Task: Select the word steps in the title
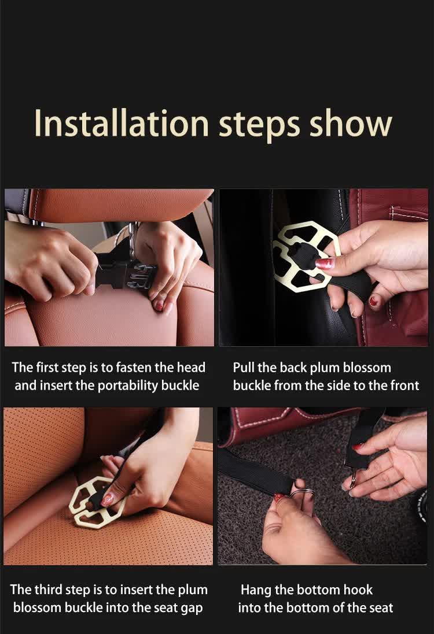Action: click(x=259, y=126)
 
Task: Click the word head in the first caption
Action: click(x=191, y=367)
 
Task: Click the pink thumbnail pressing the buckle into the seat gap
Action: click(x=106, y=499)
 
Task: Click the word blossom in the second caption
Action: click(x=367, y=368)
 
